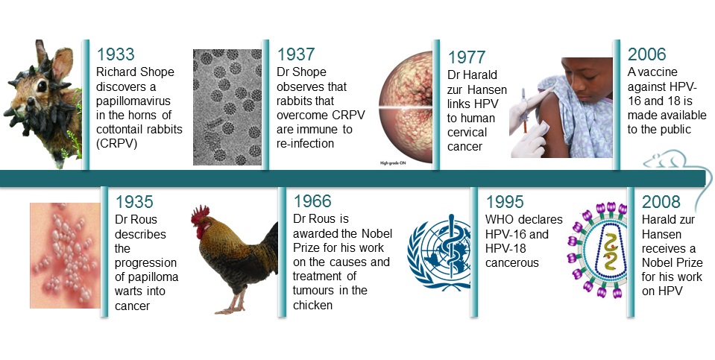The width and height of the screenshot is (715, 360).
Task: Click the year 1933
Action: coord(116,54)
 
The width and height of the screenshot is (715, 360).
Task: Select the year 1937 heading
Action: coord(295,54)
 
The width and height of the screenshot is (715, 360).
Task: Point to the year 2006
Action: coord(647,54)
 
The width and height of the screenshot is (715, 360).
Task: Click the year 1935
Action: coord(134,202)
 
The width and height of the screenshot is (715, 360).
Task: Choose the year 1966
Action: coord(313,202)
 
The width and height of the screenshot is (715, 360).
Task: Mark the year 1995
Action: coord(505,202)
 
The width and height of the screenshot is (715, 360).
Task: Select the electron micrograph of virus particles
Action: coord(227,107)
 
